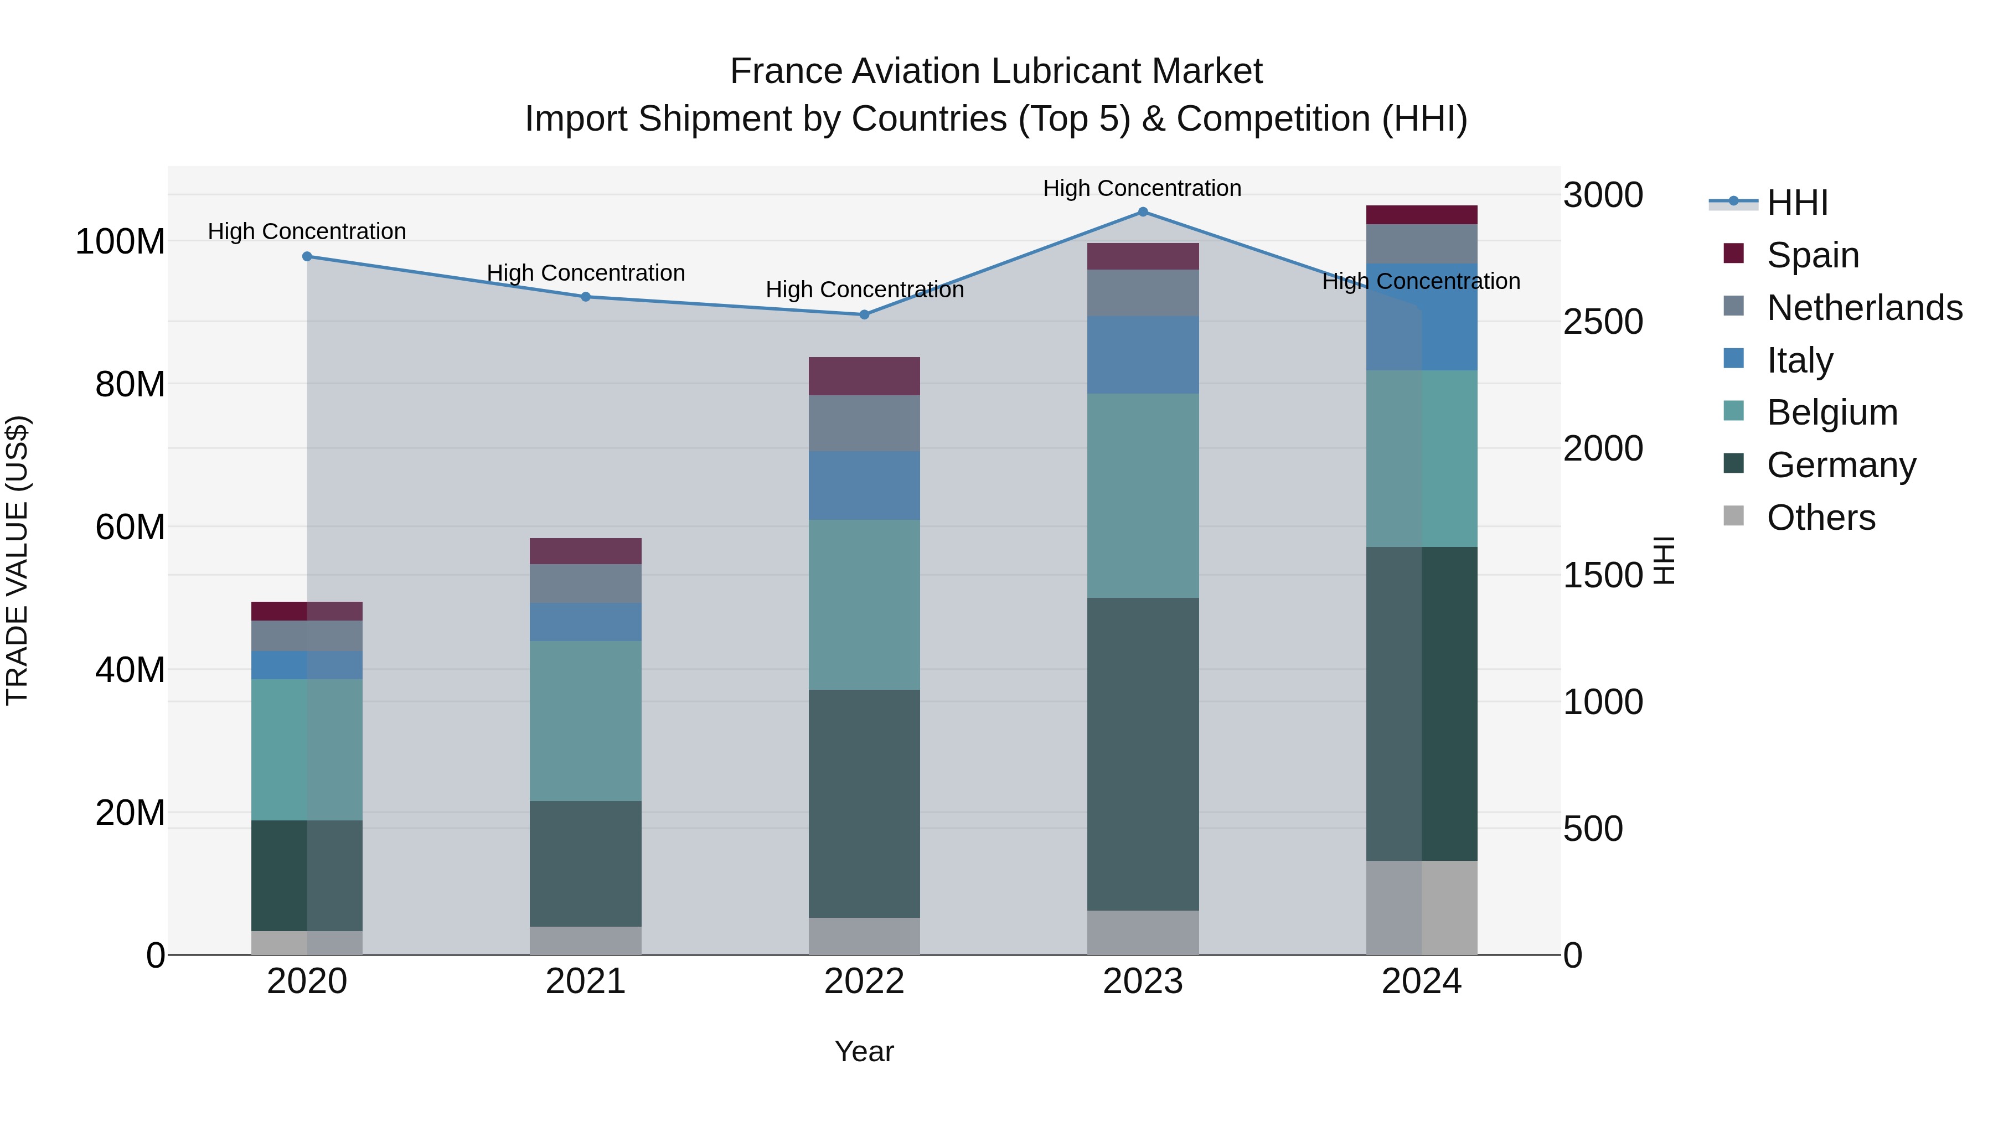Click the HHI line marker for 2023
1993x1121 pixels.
click(x=1143, y=212)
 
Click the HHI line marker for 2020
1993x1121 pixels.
click(x=307, y=256)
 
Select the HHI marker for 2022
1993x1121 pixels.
click(x=864, y=315)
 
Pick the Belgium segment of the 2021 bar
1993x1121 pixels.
click(x=586, y=720)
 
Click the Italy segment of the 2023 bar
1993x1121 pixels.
click(x=1143, y=354)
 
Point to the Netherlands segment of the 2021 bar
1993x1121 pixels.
click(x=586, y=583)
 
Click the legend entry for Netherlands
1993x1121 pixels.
click(x=1864, y=308)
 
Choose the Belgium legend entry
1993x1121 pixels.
click(x=1831, y=412)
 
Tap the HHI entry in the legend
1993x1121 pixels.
click(x=1796, y=203)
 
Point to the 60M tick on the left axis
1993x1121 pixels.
click(x=130, y=528)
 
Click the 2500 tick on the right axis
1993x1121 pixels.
click(x=1602, y=322)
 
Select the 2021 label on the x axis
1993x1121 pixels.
click(x=586, y=981)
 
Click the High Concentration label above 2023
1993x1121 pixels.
click(x=1142, y=188)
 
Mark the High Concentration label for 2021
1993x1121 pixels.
click(x=586, y=273)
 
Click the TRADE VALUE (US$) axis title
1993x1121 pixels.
click(x=17, y=560)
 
